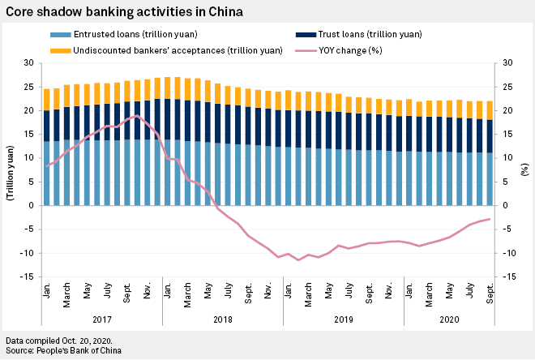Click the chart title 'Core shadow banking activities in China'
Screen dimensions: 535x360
[124, 11]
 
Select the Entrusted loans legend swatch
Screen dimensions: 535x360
[61, 35]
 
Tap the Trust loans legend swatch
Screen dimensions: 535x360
[306, 35]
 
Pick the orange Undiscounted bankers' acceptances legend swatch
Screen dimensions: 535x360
[61, 51]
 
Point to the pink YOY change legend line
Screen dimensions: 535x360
[306, 51]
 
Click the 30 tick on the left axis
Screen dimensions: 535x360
[29, 62]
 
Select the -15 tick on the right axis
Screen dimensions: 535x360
[507, 276]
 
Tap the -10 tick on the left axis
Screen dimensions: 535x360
[27, 253]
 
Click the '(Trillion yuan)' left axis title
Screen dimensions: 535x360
[11, 173]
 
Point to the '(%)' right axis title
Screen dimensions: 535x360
[524, 169]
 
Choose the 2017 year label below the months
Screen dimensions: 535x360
[102, 319]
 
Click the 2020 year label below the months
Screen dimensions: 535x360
[449, 319]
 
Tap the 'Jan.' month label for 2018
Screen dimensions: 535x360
[168, 290]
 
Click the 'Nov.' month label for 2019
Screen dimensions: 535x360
[389, 290]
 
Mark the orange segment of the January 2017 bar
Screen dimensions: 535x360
[47, 100]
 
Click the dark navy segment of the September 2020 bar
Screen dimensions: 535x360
[490, 136]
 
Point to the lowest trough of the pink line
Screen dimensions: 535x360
[298, 260]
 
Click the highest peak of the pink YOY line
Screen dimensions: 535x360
[137, 115]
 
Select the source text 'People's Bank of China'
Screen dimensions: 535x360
[79, 350]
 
